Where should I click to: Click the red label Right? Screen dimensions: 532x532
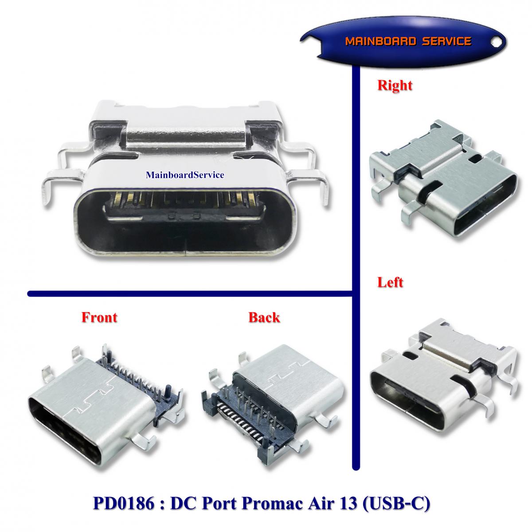pos(395,86)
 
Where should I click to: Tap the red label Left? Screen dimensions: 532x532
pos(390,282)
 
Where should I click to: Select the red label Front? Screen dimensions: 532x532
pos(99,317)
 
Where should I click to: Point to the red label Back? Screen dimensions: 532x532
pos(264,317)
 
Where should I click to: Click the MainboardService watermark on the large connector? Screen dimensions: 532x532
pos(185,175)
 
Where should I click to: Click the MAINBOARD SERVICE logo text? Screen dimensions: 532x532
pos(408,41)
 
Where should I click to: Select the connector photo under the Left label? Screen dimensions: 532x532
pos(443,384)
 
